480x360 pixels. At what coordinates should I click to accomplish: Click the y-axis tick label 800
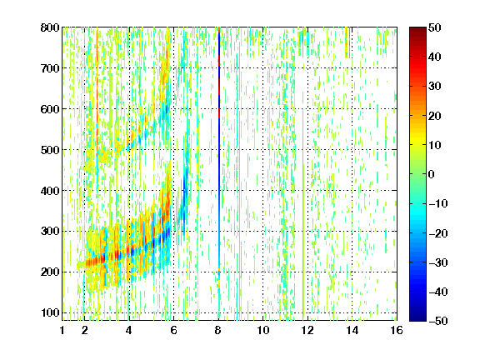[50, 27]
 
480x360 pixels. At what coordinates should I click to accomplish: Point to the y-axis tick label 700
[50, 68]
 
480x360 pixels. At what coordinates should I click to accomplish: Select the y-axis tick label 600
[50, 109]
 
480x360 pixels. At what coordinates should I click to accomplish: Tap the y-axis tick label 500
[50, 150]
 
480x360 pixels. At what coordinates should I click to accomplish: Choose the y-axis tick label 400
[50, 191]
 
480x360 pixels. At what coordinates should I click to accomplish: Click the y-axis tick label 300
[50, 231]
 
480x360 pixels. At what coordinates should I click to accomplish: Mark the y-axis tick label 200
[50, 272]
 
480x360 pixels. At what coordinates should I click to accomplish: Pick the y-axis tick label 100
[50, 312]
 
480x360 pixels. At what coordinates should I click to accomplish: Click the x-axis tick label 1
[62, 330]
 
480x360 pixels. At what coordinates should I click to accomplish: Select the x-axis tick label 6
[174, 330]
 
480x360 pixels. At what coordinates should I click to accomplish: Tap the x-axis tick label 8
[218, 330]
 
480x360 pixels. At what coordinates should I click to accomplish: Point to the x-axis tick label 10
[263, 330]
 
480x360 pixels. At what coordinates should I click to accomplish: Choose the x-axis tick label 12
[307, 330]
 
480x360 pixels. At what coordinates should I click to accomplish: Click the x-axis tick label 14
[352, 330]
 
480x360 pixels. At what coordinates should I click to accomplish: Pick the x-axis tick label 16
[397, 330]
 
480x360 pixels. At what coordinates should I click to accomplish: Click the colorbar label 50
[435, 27]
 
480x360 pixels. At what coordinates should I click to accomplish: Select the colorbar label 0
[432, 174]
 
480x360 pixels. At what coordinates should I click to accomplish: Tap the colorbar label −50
[438, 321]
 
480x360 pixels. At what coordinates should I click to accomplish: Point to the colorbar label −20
[438, 233]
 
